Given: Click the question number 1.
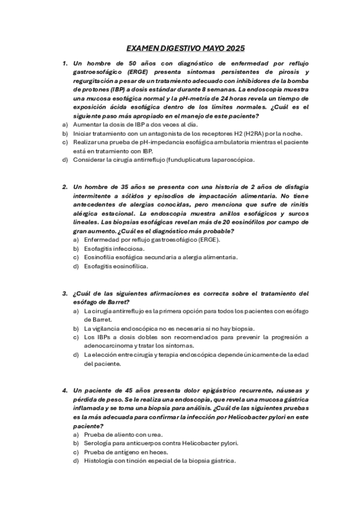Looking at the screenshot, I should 64,63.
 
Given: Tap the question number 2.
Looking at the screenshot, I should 64,187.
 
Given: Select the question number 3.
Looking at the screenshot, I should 64,293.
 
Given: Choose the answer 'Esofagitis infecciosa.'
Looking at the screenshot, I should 114,248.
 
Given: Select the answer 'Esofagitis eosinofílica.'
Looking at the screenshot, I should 116,266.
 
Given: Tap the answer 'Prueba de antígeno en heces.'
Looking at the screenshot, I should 126,452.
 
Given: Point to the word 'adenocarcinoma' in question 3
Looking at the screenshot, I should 110,346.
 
